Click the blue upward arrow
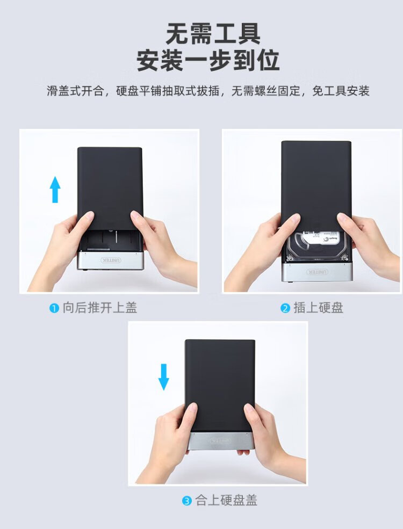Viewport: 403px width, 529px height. coord(55,190)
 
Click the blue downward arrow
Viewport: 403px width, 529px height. coord(164,377)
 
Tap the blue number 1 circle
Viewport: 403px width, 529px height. coord(54,308)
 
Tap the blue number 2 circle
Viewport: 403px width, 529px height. coord(285,308)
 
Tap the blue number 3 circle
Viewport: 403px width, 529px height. coord(186,501)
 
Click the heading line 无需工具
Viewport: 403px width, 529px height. coord(213,34)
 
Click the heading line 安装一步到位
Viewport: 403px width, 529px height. coord(208,60)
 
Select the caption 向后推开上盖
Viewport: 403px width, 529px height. coord(99,308)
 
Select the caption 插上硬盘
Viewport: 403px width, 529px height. coord(318,308)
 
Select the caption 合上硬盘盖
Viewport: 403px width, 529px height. coord(226,501)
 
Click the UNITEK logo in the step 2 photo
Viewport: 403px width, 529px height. coord(317,272)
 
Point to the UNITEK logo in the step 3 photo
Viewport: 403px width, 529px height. coord(221,440)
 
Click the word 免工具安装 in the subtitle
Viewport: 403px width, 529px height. coord(341,91)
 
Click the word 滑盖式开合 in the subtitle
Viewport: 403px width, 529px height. coord(75,91)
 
